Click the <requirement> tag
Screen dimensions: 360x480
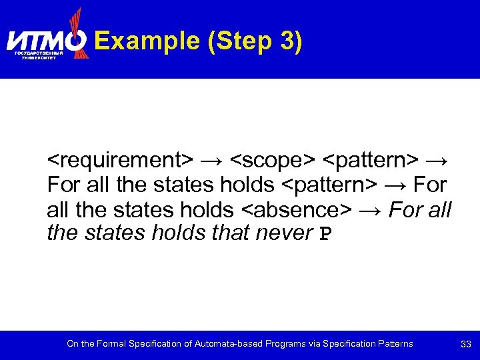pos(120,161)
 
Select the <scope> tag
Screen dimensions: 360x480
pos(273,161)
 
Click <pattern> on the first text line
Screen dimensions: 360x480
pos(371,161)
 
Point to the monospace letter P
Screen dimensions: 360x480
pos(325,234)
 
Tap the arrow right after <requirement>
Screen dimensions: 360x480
pos(212,161)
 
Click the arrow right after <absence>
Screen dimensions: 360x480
pos(370,210)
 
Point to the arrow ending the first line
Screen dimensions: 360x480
pos(438,161)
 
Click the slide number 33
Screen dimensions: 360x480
pos(466,344)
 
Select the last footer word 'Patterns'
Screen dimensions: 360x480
pos(393,344)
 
